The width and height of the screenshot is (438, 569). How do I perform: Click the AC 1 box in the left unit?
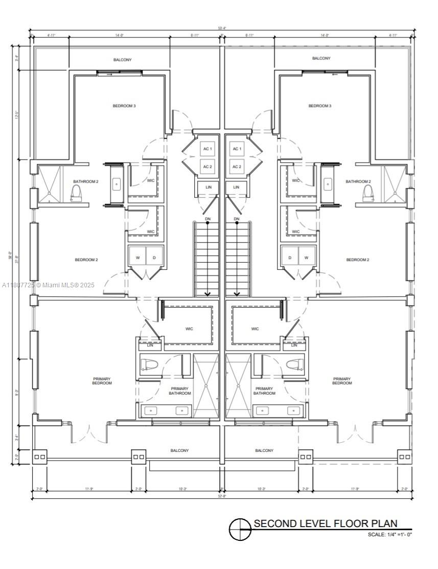pyautogui.click(x=208, y=149)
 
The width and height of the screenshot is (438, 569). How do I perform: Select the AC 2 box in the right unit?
pyautogui.click(x=236, y=167)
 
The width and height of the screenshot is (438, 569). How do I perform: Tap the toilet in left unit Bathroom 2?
pyautogui.click(x=76, y=192)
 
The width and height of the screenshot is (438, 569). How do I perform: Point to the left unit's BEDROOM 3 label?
pyautogui.click(x=124, y=106)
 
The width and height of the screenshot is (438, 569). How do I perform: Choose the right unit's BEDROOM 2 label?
pyautogui.click(x=358, y=260)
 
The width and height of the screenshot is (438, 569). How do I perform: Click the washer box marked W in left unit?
pyautogui.click(x=137, y=257)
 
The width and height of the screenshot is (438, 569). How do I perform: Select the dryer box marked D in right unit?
pyautogui.click(x=290, y=257)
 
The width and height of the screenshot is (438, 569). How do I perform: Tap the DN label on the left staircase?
pyautogui.click(x=208, y=219)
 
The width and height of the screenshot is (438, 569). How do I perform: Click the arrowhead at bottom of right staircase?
pyautogui.click(x=237, y=294)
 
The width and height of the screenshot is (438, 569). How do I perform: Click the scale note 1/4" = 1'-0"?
pyautogui.click(x=389, y=534)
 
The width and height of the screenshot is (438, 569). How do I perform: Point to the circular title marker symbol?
pyautogui.click(x=241, y=529)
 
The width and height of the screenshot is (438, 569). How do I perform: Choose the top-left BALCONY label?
pyautogui.click(x=123, y=60)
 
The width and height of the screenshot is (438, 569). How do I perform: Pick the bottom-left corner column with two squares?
pyautogui.click(x=39, y=457)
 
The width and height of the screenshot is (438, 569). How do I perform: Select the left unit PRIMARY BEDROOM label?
pyautogui.click(x=102, y=381)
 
